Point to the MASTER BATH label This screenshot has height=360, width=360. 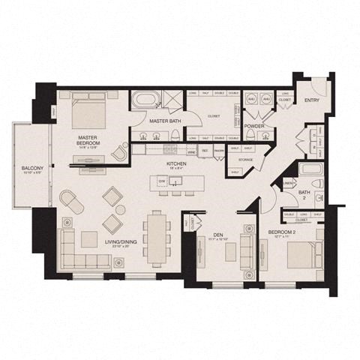click(163, 121)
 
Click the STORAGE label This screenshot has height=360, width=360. click(245, 160)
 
